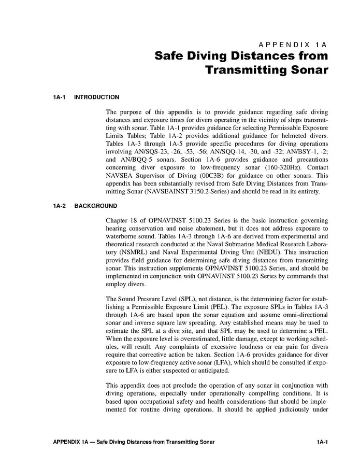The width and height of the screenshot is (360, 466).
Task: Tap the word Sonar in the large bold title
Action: (306, 69)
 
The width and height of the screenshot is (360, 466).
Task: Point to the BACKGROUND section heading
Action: (96, 206)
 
